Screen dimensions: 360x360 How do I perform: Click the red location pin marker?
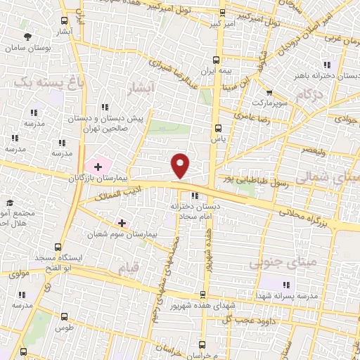click(181, 165)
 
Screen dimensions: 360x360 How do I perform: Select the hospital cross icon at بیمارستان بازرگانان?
click(97, 166)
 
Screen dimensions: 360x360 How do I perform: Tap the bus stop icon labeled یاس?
click(217, 129)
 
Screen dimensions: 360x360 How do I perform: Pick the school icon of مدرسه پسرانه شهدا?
click(286, 285)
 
